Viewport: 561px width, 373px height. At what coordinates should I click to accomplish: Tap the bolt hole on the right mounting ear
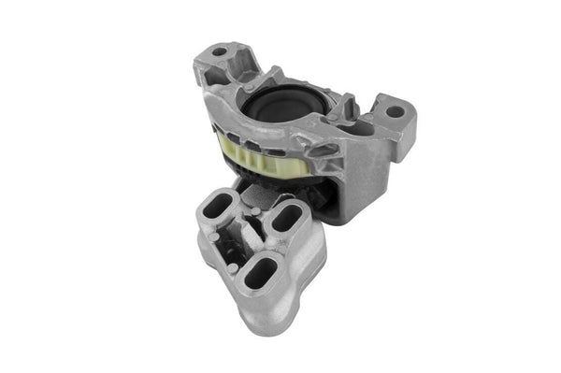click(396, 112)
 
